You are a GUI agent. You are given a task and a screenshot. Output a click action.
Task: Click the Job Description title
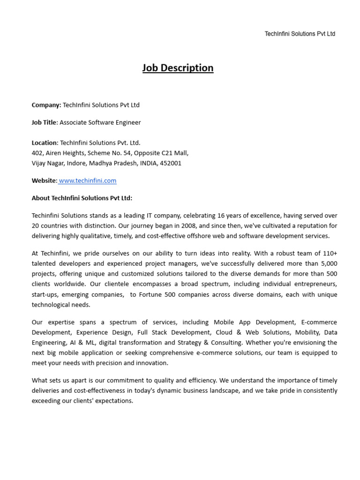point(178,68)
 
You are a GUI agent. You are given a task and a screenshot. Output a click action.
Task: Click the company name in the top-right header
point(300,34)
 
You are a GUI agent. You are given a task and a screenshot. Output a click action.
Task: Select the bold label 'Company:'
point(46,105)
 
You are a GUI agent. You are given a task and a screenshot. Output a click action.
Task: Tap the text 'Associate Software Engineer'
point(100,122)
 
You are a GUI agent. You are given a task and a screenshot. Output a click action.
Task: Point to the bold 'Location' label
point(44,143)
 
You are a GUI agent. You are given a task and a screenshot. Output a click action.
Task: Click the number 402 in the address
point(37,153)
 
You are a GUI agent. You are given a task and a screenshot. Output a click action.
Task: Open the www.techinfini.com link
point(88,180)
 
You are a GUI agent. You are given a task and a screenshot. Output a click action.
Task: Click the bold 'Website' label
point(44,180)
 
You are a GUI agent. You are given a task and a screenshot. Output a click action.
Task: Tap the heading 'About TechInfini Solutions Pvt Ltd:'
point(82,198)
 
